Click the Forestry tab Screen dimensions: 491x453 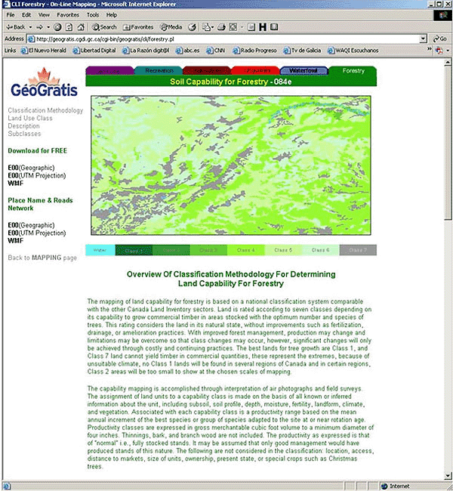tap(353, 70)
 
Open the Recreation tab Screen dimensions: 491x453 tap(159, 70)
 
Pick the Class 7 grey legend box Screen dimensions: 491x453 tap(358, 250)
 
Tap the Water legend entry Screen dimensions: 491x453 tap(100, 250)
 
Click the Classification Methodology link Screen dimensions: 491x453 tap(45, 110)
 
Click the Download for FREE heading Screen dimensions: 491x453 tap(37, 150)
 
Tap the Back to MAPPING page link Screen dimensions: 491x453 tap(42, 258)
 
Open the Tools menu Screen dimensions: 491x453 tap(92, 14)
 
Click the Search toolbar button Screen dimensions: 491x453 tap(104, 26)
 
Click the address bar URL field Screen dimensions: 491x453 tap(226, 39)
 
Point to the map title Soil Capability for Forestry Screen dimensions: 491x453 tap(219, 81)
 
